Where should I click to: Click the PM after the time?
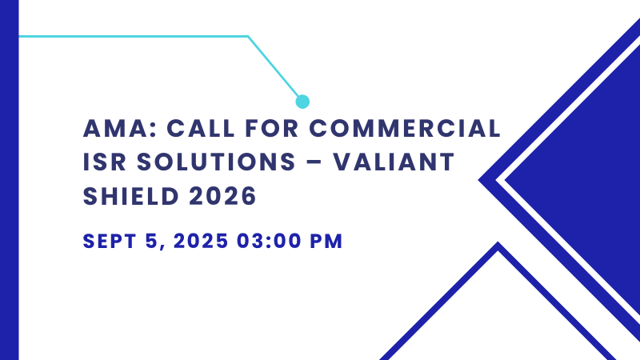[x=329, y=241]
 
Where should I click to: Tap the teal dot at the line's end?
[x=302, y=102]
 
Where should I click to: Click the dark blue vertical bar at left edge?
[x=9, y=180]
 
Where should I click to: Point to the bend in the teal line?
[x=248, y=37]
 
